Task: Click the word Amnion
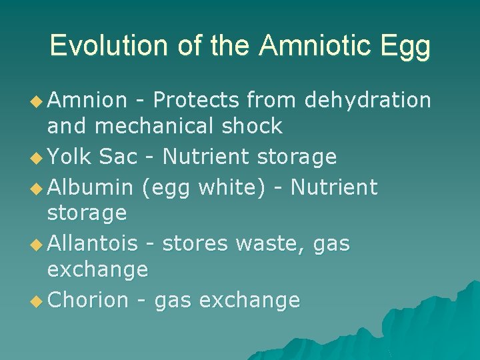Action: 87,100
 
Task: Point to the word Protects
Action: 195,100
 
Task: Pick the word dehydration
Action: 367,100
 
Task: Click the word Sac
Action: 118,157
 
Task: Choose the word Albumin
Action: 91,188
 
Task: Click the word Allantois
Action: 93,244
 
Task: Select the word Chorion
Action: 88,301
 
